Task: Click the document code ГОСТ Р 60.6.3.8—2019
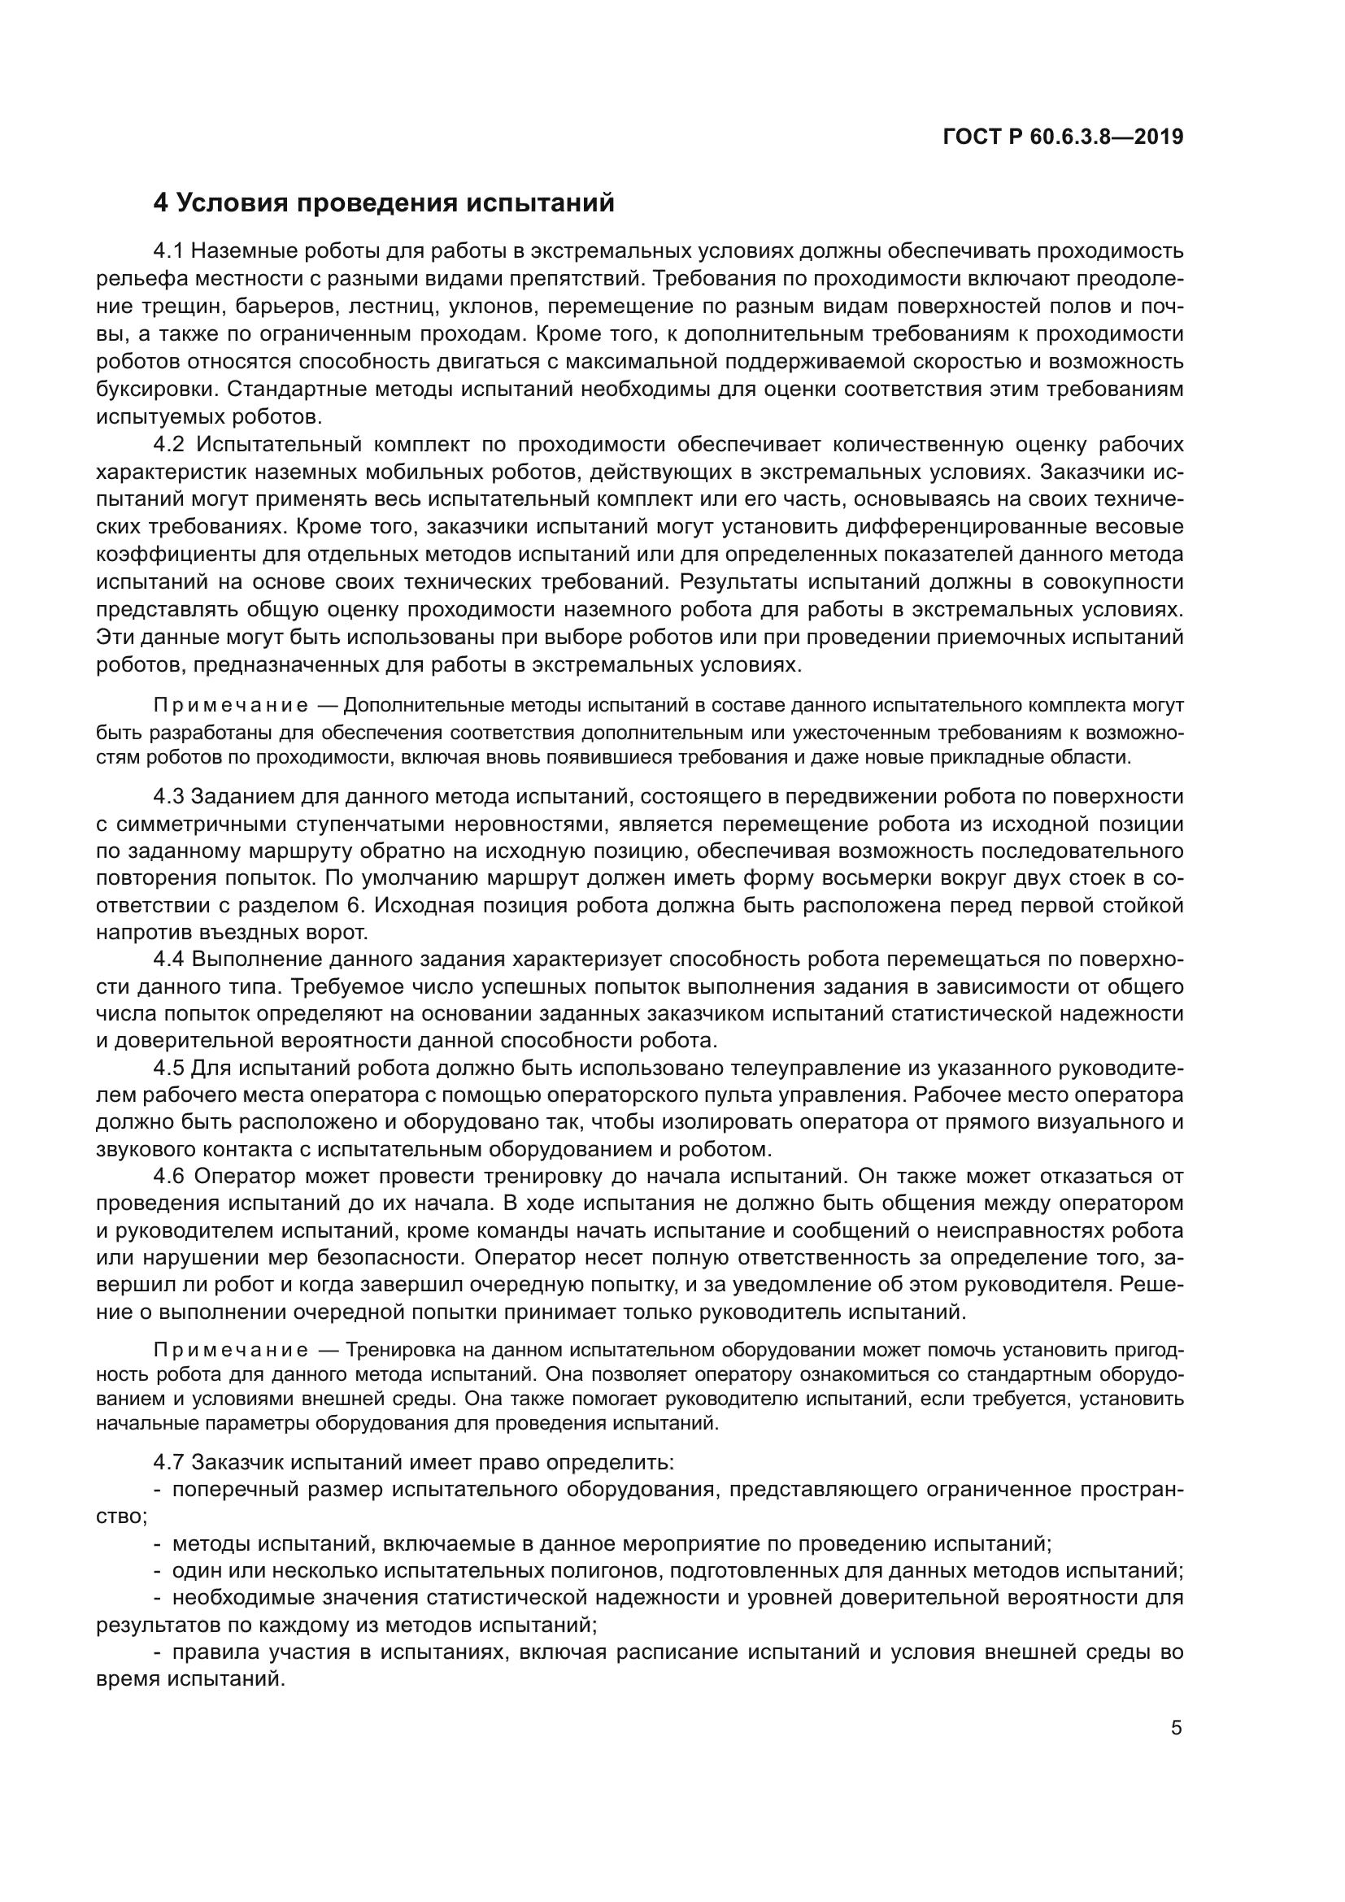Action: coord(1064,137)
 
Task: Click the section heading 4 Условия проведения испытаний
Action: coord(385,203)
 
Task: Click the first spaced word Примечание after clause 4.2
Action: coord(231,706)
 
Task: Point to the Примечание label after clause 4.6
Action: coord(231,1351)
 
